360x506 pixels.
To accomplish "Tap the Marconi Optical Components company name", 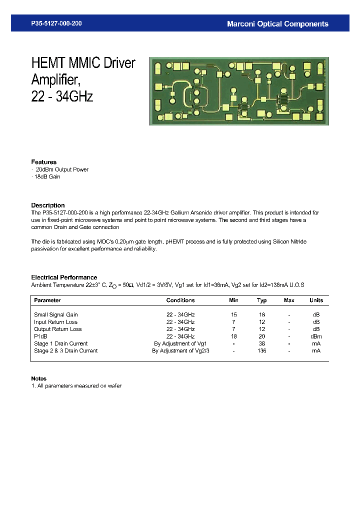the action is [x=277, y=23].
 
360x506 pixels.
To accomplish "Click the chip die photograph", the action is [x=239, y=91].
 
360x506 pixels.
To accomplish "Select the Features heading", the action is [x=44, y=162].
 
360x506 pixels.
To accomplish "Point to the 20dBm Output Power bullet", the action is [x=62, y=169].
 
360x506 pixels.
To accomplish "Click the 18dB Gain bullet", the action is [x=47, y=177].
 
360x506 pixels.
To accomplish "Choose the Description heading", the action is [x=48, y=205].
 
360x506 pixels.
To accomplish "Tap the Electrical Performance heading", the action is [x=64, y=277].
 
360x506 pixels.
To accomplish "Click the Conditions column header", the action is [x=180, y=300].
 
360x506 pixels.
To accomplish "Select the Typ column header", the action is [x=262, y=300].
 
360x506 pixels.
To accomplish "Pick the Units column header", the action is [x=316, y=300].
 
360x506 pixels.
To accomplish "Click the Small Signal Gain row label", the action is [x=56, y=314].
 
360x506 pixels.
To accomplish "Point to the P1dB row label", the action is [x=41, y=336].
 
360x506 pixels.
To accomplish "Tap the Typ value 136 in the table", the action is [x=261, y=350].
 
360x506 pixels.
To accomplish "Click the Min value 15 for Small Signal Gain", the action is [x=233, y=314].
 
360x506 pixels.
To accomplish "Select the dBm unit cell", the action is [x=316, y=336].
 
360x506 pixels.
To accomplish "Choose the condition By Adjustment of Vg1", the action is [x=180, y=343].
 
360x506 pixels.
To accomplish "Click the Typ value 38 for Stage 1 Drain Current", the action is [x=261, y=343].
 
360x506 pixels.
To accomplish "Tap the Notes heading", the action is [x=39, y=378].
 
